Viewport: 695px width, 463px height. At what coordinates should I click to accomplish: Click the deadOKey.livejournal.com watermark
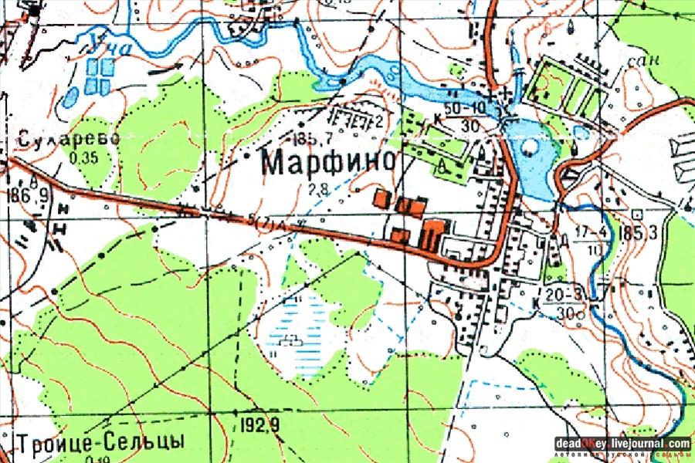pyautogui.click(x=622, y=444)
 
